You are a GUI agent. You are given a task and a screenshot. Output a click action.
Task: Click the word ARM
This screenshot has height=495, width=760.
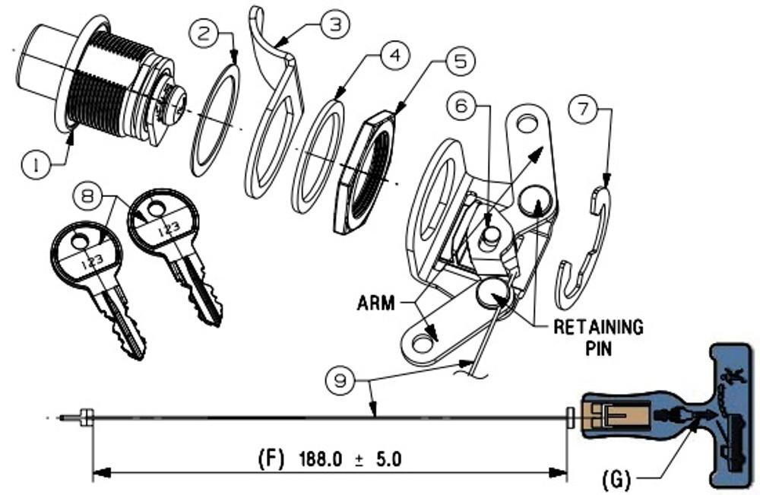point(376,303)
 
